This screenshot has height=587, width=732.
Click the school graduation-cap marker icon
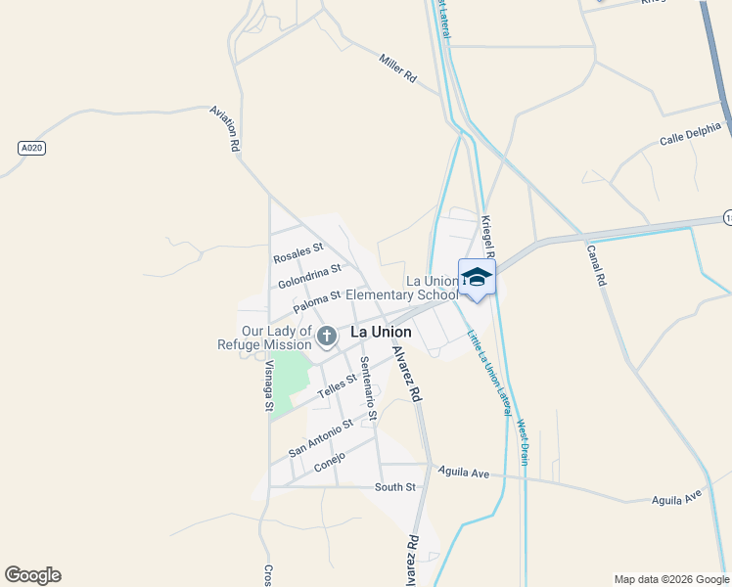477,277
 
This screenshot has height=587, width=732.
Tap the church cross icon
327,337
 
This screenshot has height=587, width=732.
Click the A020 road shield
32,148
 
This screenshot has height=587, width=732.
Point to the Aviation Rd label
225,128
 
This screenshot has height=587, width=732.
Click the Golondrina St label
309,276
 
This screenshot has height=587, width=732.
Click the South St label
395,486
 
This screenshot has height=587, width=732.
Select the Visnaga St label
269,384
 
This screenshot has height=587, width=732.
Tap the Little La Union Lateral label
488,372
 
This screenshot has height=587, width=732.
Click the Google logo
32,575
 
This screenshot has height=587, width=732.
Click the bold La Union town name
381,333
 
